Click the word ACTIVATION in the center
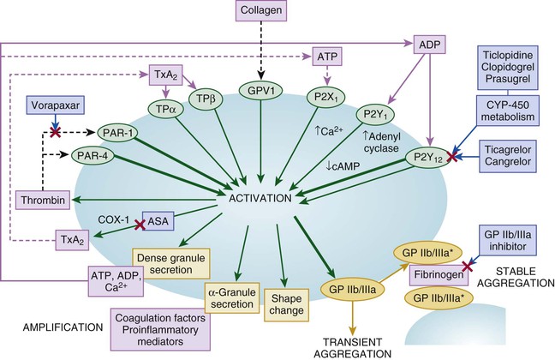(261, 198)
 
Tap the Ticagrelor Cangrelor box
(513, 159)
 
